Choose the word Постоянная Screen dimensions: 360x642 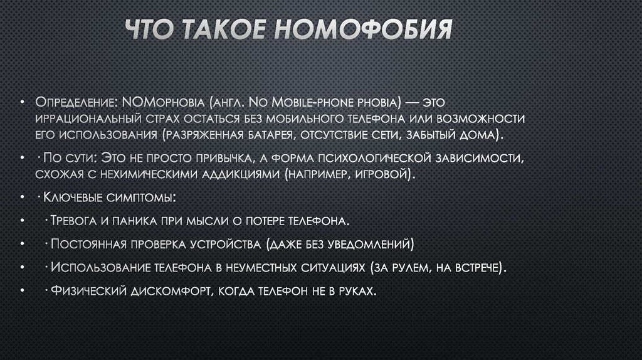pyautogui.click(x=88, y=243)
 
